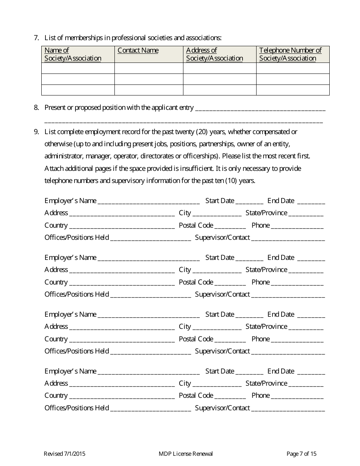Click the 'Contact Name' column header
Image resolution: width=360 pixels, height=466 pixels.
(138, 50)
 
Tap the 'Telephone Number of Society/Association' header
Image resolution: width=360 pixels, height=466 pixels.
(290, 54)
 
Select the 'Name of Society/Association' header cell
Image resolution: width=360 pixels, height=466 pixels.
(73, 54)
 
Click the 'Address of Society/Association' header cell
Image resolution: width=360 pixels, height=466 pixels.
(214, 54)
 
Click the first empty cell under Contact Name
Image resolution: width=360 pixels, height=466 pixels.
(149, 68)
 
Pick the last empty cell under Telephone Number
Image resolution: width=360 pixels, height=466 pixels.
(293, 90)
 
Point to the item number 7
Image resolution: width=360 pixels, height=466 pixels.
(36, 38)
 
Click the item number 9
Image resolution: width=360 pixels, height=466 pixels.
(36, 132)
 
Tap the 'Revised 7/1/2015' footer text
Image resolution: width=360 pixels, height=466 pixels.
(64, 454)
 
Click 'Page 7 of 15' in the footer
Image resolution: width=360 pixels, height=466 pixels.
(301, 454)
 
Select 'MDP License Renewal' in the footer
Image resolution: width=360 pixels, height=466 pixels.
(186, 454)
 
